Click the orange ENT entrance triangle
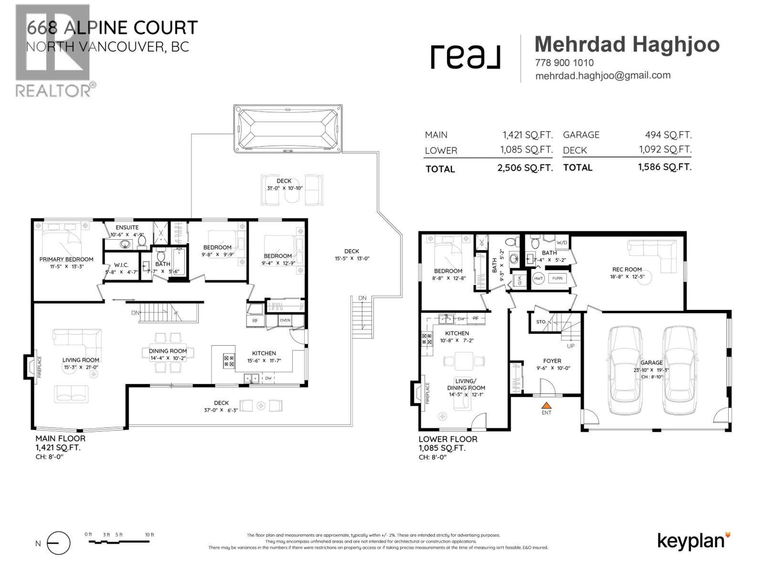pos(546,405)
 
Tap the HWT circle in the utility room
pos(539,278)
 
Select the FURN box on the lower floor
pos(557,278)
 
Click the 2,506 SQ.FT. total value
pos(525,168)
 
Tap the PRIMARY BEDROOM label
pos(66,259)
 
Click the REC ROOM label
pos(627,269)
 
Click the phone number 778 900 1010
pos(564,63)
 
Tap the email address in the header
pos(603,75)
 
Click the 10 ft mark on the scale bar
pos(149,535)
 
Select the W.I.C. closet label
pos(121,265)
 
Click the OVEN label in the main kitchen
pos(285,320)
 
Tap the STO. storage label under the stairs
pos(541,322)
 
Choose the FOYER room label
pos(552,361)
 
